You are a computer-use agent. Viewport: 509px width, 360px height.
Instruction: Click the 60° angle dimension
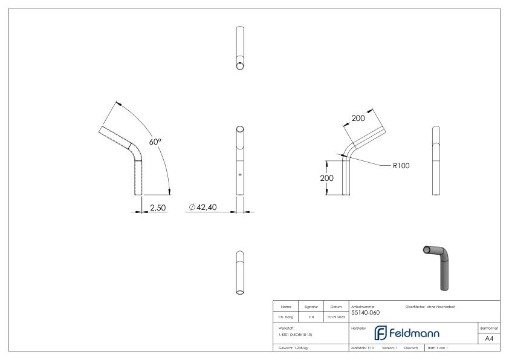tap(155, 142)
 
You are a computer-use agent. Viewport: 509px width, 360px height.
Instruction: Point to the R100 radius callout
tap(401, 165)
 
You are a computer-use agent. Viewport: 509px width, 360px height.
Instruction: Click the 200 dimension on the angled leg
tap(358, 119)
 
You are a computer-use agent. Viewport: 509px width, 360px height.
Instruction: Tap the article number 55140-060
tap(366, 313)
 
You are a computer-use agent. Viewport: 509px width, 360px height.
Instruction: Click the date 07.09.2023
tap(336, 316)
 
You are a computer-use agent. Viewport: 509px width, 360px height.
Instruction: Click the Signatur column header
tap(311, 307)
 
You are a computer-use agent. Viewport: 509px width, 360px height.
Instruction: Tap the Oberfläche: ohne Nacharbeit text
tap(430, 307)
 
